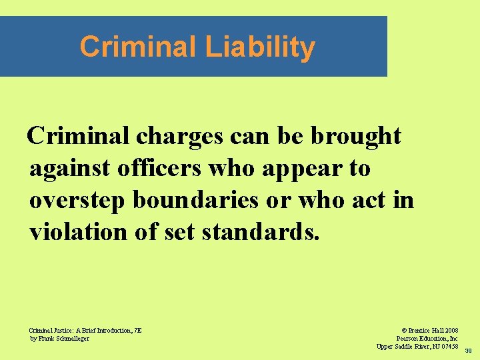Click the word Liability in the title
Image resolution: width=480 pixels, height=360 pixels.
[260, 47]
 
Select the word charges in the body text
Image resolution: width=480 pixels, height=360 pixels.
[180, 137]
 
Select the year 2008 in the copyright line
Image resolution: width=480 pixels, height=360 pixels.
[450, 330]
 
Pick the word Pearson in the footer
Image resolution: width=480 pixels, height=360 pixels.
[407, 338]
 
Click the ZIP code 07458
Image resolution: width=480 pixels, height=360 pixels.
[447, 346]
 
